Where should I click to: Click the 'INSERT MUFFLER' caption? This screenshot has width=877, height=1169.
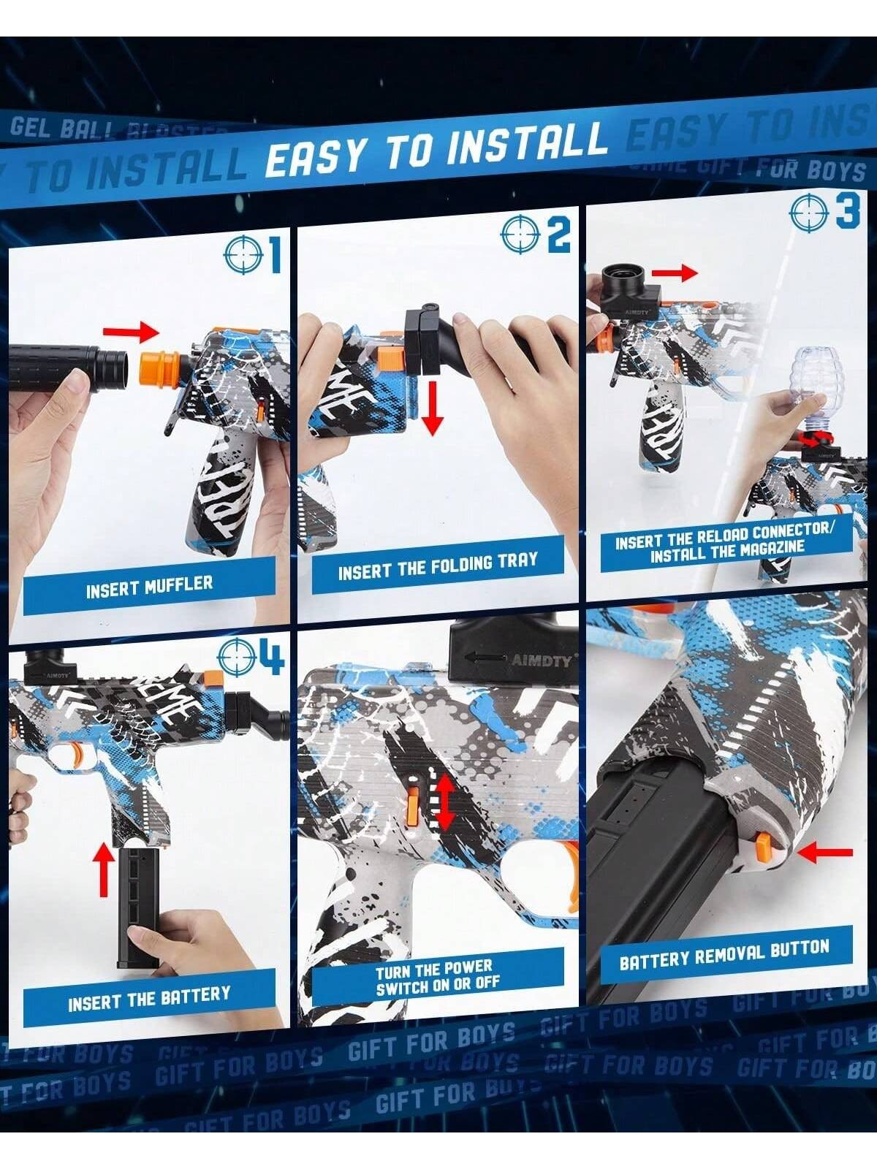pos(149,586)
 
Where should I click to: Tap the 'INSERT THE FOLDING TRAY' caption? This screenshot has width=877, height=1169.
pos(437,566)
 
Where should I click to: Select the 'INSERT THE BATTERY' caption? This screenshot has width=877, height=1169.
pos(149,998)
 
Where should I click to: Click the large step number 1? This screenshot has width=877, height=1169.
pos(274,255)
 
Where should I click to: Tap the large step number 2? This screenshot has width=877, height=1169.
pos(559,235)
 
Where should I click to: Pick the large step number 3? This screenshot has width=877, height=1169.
pos(847,212)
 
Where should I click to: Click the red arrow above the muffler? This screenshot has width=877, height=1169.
pos(131,332)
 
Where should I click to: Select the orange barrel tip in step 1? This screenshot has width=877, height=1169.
pos(158,369)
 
